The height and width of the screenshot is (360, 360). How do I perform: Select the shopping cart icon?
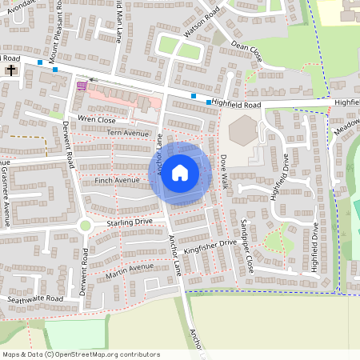pos(81,85)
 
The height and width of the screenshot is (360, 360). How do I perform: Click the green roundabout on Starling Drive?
pos(85,225)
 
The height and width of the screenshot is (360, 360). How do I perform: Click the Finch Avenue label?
pos(117,181)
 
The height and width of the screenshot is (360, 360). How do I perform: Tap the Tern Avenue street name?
pos(128,134)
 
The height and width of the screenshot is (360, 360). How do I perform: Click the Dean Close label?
pos(246,52)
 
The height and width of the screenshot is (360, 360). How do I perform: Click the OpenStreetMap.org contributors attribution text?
pos(104,354)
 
